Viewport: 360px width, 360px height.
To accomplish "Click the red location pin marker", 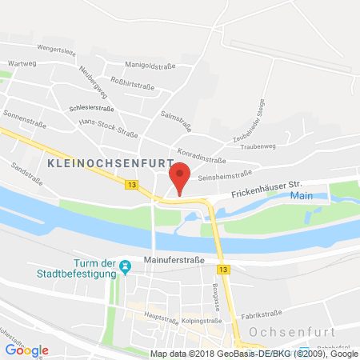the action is point(181,178).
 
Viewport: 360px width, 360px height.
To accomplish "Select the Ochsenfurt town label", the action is point(296,330).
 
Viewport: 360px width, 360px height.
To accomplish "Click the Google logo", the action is point(26,350).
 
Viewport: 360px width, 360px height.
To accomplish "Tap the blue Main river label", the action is point(301,195).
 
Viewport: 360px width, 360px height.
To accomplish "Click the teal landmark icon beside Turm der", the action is point(124,264).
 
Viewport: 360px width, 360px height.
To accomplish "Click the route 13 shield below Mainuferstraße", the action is point(224,270).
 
